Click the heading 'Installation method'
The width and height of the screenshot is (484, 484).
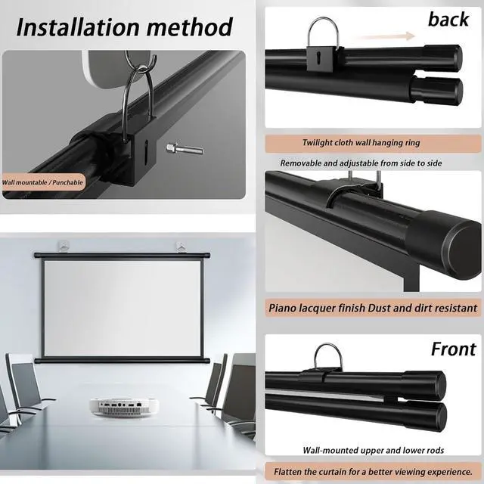pyautogui.click(x=124, y=26)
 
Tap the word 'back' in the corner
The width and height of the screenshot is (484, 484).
pyautogui.click(x=448, y=19)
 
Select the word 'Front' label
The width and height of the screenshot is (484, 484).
pyautogui.click(x=453, y=349)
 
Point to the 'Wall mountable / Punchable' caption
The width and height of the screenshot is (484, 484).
pyautogui.click(x=42, y=182)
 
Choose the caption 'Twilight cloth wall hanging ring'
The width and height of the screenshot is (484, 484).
pyautogui.click(x=361, y=142)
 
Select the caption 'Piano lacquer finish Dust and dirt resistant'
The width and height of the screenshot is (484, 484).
pyautogui.click(x=374, y=308)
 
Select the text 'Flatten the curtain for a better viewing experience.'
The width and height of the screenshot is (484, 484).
pyautogui.click(x=374, y=470)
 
